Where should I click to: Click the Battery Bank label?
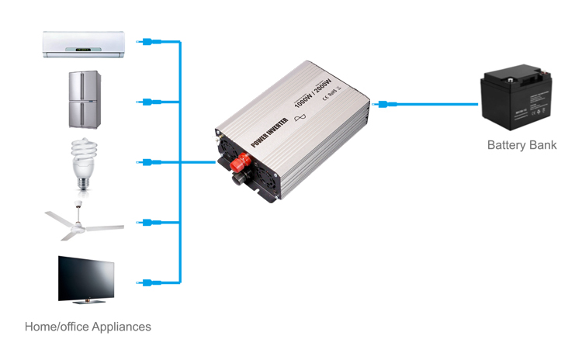521,145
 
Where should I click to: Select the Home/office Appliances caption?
88,327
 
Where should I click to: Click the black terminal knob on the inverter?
237,182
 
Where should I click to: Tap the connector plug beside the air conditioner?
148,42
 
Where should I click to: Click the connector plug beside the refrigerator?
148,102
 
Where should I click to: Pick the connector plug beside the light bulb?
148,162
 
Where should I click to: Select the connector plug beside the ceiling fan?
148,223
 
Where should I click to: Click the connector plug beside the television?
148,282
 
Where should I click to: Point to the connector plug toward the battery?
386,102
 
